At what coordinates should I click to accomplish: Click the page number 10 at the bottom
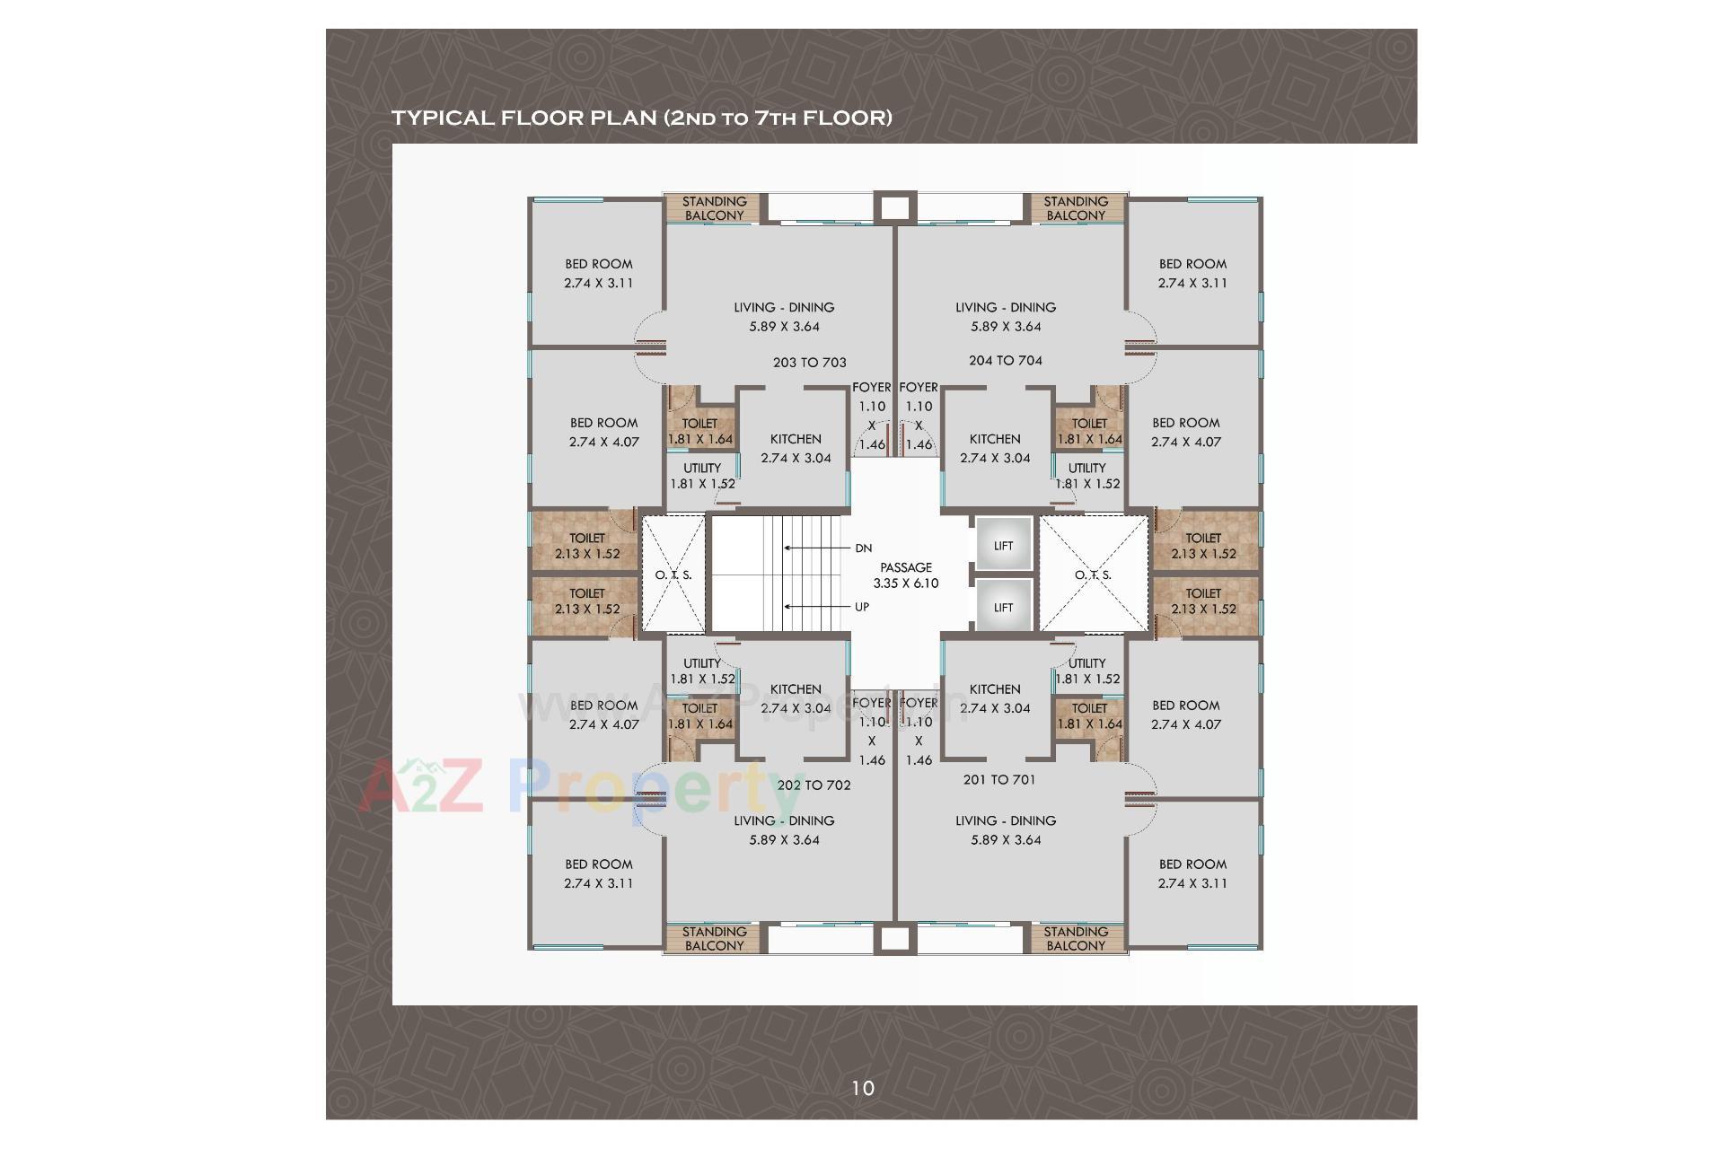[862, 1088]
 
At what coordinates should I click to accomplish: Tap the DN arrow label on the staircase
[863, 548]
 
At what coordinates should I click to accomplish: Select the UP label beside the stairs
[862, 607]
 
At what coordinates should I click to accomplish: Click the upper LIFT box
[1003, 545]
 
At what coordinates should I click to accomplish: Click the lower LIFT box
[1003, 608]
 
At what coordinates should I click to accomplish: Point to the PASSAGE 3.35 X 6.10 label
[905, 574]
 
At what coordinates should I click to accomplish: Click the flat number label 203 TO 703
[809, 363]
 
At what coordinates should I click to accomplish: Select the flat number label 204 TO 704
[1005, 360]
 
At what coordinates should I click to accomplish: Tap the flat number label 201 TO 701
[998, 779]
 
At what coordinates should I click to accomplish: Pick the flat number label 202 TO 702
[814, 785]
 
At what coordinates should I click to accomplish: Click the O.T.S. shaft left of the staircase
[673, 574]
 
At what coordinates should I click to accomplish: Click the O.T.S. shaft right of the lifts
[1093, 574]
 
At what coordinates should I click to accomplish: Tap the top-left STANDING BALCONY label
[714, 208]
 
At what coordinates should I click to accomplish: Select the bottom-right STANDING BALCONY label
[1075, 938]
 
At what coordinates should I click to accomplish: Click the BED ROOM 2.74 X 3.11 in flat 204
[1192, 273]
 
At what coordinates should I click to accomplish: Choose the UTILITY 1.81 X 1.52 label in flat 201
[1086, 671]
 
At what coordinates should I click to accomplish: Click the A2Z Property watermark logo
[575, 785]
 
